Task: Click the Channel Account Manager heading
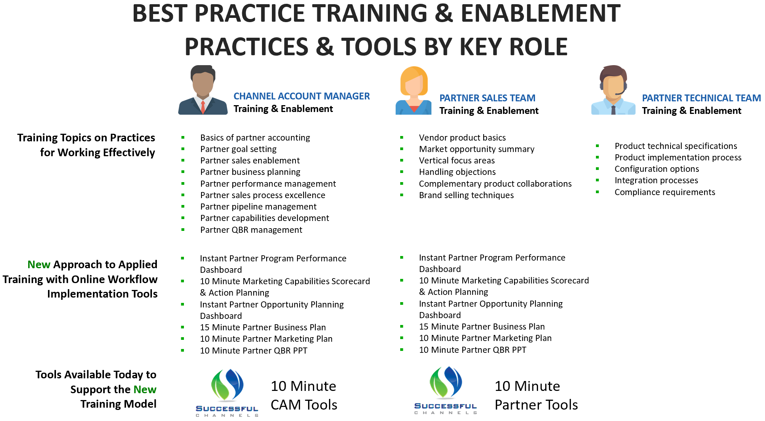pos(301,96)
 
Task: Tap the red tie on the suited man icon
pos(203,107)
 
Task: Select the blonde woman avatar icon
pos(414,91)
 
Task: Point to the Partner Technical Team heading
pos(701,98)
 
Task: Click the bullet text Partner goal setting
pos(238,149)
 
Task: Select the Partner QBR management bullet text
pos(251,230)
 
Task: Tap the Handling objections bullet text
pos(457,172)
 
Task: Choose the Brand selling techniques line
pos(466,195)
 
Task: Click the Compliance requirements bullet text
pos(664,192)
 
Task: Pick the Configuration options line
pos(656,169)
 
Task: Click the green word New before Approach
pos(39,264)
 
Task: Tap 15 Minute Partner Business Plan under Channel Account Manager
pos(263,327)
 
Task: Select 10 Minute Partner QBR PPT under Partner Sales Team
pos(472,350)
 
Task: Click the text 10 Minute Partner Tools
pos(536,395)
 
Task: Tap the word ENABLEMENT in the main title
pos(540,14)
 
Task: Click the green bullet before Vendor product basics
pos(402,138)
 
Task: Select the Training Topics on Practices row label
pos(86,145)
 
